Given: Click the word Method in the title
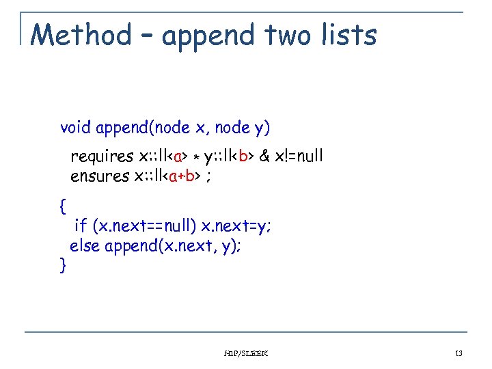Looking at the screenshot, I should tap(81, 35).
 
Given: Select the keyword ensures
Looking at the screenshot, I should tap(100, 176).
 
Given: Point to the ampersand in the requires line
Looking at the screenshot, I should tap(263, 157).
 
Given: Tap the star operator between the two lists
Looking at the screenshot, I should tap(195, 159).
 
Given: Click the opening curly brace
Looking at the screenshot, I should tap(64, 205).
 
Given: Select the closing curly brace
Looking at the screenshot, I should tap(64, 264).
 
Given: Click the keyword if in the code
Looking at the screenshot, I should tap(80, 225).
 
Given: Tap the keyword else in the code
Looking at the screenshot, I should tap(85, 245).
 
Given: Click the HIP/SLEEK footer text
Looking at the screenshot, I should tap(246, 353).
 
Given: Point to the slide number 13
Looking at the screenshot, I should tap(458, 353).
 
